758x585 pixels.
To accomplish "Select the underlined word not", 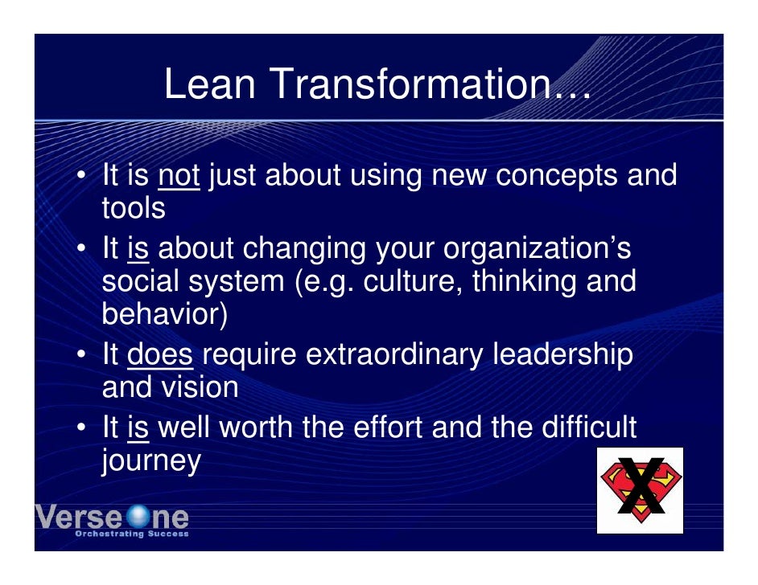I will point(179,174).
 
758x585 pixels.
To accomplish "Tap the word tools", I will point(134,209).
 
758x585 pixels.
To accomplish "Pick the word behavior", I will point(164,315).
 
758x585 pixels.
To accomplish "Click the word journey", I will point(150,461).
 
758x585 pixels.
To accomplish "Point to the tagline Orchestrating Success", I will point(131,534).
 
